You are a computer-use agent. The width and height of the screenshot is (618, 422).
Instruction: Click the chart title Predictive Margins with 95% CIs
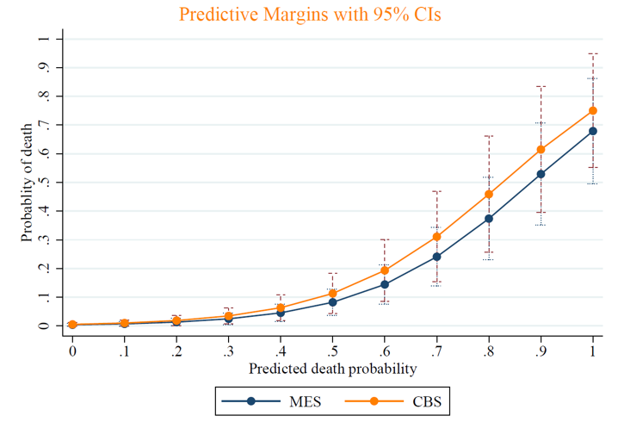click(309, 15)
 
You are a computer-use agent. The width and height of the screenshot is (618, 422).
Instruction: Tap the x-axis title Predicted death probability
click(333, 369)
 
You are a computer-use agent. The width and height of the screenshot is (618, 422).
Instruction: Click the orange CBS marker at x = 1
click(593, 110)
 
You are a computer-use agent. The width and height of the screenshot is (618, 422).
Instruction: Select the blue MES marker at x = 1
click(593, 131)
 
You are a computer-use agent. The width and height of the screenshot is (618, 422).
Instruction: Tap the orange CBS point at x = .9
click(541, 149)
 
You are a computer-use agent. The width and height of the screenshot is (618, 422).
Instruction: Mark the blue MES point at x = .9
click(541, 174)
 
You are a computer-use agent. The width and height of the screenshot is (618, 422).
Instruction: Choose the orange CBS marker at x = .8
click(489, 194)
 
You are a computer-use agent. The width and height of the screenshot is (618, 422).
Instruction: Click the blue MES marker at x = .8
click(489, 219)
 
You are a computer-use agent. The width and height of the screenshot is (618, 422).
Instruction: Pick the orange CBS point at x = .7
click(436, 236)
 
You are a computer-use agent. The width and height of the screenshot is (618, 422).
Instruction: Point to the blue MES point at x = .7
click(436, 257)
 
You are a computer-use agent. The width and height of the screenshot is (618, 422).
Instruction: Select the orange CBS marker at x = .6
click(385, 270)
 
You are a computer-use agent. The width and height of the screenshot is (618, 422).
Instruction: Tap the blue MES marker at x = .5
click(332, 302)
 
